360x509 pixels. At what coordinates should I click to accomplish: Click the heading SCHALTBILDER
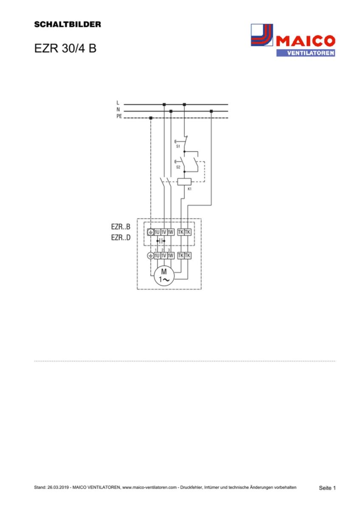point(67,25)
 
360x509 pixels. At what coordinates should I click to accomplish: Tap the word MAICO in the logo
point(305,42)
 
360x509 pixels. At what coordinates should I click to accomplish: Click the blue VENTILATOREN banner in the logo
point(305,53)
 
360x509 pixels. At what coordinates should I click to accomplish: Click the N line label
point(118,109)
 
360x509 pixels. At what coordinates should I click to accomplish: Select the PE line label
point(119,116)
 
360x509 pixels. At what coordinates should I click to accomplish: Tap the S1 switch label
point(178,146)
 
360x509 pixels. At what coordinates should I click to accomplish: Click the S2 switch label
point(178,168)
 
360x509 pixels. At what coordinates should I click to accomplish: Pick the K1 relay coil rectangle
point(184,182)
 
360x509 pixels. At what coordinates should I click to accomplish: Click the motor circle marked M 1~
point(164,276)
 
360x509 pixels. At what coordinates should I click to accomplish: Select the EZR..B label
point(121,227)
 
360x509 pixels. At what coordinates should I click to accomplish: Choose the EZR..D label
point(121,238)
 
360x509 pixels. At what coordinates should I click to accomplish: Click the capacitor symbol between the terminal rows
point(160,241)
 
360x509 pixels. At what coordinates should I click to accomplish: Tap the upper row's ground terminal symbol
point(150,232)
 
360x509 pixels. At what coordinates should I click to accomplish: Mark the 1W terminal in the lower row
point(171,255)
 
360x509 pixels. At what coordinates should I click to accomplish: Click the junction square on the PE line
point(151,118)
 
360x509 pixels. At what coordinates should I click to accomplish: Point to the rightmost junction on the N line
point(211,111)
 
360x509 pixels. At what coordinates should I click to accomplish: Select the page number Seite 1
point(327,488)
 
